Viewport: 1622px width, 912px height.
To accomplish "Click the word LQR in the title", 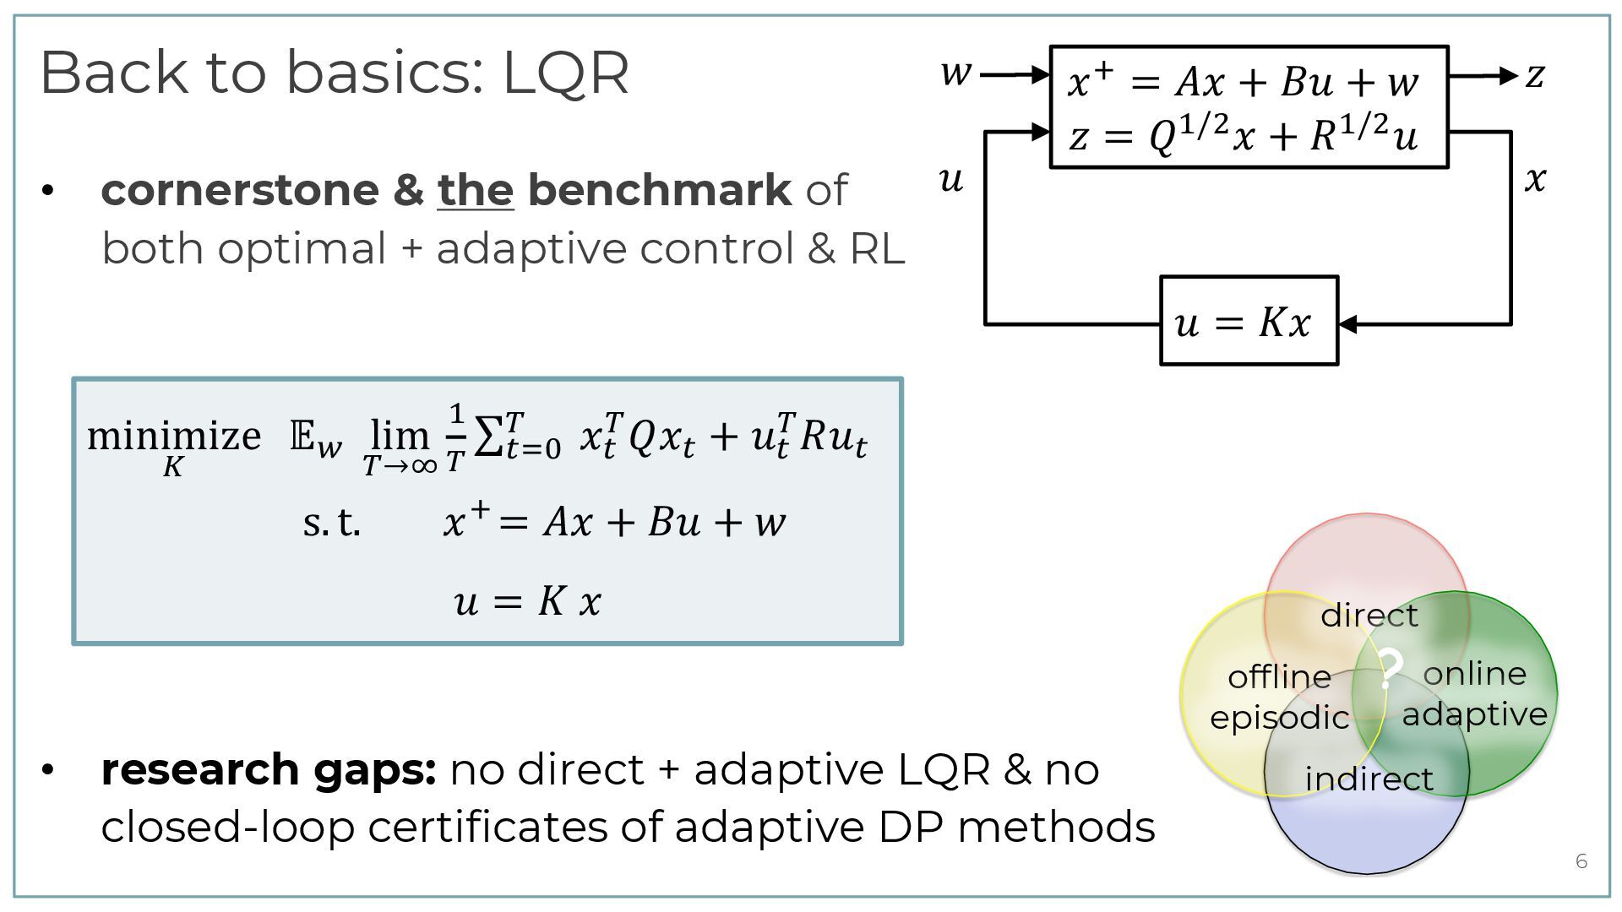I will point(566,73).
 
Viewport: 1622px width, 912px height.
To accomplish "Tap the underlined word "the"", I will point(476,189).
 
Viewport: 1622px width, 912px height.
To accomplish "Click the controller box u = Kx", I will point(1249,322).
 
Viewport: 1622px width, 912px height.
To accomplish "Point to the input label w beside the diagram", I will point(956,73).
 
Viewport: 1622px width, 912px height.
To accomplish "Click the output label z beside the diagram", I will point(1535,75).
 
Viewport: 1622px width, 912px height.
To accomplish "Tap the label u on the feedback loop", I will point(951,180).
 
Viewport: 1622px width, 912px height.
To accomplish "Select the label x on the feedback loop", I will point(1535,179).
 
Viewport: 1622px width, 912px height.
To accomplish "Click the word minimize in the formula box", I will point(174,437).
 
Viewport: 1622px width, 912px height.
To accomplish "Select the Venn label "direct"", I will point(1369,615).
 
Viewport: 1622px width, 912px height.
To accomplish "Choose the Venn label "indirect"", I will point(1369,779).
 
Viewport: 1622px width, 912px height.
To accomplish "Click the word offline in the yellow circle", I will point(1279,676).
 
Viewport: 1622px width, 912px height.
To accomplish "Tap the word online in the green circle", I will point(1475,673).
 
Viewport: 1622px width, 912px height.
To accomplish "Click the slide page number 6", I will point(1581,861).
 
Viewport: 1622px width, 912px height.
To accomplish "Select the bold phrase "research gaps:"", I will point(268,769).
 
